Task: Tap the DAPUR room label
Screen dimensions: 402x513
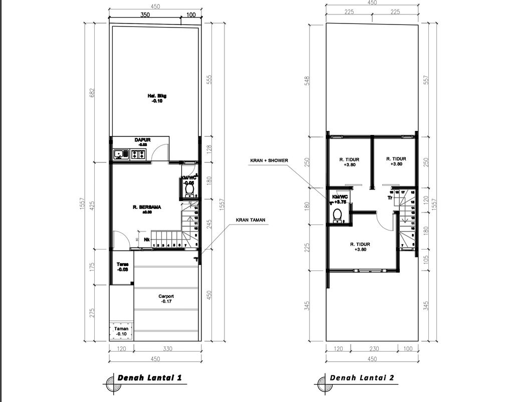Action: [x=142, y=140]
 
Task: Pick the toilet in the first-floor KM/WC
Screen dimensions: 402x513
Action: [x=189, y=190]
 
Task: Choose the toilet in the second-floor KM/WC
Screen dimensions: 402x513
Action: [x=338, y=215]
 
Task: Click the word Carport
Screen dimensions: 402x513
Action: [x=166, y=296]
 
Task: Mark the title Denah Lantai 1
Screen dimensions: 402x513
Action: [x=149, y=378]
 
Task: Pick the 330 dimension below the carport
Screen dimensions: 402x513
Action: [x=167, y=348]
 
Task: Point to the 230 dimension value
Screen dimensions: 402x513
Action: [x=374, y=348]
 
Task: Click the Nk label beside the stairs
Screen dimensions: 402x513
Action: [x=147, y=239]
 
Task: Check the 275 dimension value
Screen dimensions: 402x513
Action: [x=92, y=313]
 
